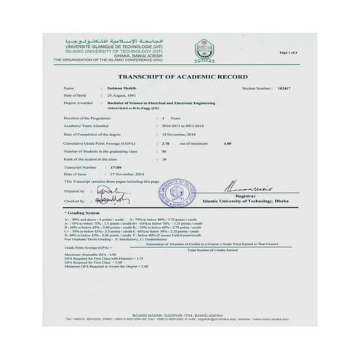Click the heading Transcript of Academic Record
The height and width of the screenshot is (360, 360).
pos(180,76)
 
